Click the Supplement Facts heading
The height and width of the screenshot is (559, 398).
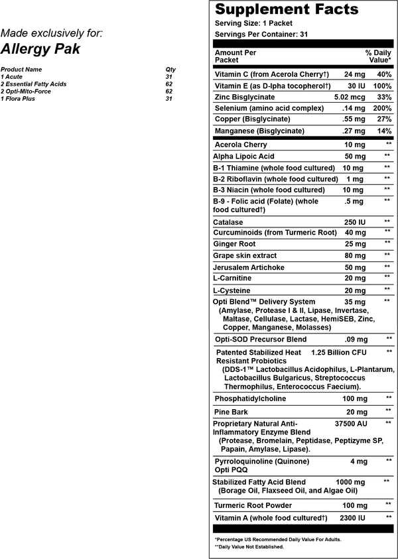click(287, 10)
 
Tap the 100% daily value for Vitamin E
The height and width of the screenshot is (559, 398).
click(383, 87)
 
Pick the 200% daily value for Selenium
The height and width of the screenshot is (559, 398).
click(383, 107)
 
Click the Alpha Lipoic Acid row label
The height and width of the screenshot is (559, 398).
click(243, 156)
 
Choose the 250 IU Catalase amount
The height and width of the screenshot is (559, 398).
click(354, 221)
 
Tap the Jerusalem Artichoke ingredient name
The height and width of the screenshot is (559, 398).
click(248, 267)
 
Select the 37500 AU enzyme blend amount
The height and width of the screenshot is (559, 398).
click(352, 422)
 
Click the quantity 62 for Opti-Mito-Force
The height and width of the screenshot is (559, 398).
click(168, 91)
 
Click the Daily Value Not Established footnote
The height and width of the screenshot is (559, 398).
click(249, 546)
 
